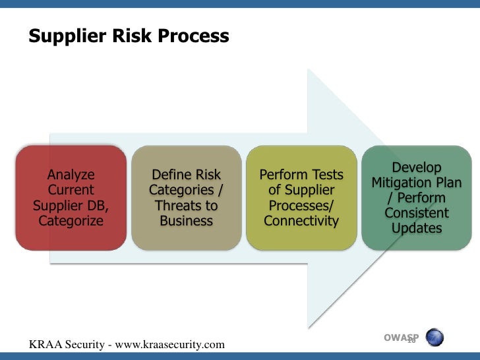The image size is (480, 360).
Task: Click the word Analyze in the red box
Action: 71,175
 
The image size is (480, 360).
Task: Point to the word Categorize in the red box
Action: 71,220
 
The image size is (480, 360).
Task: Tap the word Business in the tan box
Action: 186,220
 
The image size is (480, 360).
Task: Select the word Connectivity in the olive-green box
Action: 301,220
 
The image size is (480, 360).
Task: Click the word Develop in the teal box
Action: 416,167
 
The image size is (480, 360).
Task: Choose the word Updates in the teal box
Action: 416,228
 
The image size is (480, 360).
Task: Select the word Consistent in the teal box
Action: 416,213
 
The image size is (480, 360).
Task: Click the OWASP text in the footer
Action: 400,338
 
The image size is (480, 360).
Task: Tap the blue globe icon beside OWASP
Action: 434,338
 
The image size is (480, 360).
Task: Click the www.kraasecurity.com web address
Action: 168,344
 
